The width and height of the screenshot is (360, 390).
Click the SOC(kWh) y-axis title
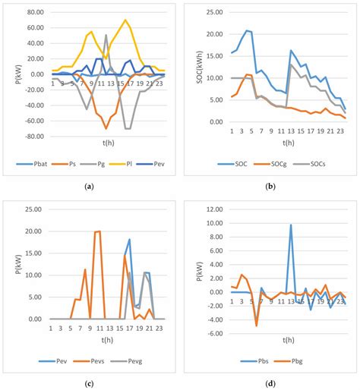[193, 68]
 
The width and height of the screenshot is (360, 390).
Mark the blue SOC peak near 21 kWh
[247, 30]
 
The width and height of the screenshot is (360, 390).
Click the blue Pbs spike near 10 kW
[290, 225]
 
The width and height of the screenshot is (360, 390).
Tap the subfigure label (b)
[270, 186]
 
